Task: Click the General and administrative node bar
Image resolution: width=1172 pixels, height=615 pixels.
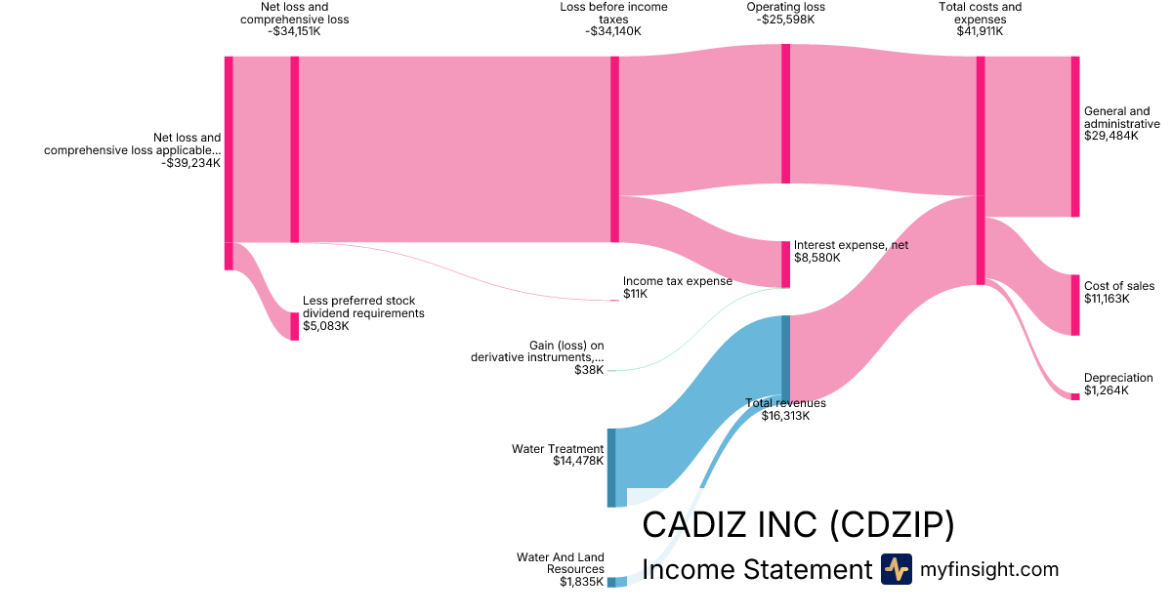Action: (x=1075, y=137)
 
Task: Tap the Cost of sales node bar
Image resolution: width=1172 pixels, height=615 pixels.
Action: (x=1075, y=306)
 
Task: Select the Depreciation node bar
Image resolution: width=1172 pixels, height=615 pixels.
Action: (x=1075, y=395)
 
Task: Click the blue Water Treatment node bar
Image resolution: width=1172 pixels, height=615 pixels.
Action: (x=611, y=467)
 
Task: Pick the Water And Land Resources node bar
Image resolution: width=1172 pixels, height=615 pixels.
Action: (x=611, y=582)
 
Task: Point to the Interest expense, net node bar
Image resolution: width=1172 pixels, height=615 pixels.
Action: (x=785, y=264)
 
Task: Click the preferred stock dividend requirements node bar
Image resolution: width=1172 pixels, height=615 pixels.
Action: (x=294, y=326)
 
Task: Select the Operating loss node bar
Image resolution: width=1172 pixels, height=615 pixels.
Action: (x=785, y=113)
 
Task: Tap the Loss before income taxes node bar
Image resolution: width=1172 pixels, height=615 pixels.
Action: (x=614, y=148)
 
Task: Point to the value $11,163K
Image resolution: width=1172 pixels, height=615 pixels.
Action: (x=1107, y=299)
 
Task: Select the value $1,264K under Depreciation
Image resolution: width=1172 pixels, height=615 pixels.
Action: (x=1106, y=390)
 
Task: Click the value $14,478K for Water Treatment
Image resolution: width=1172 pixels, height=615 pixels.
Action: (x=578, y=461)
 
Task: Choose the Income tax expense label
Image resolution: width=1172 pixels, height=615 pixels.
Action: (x=677, y=281)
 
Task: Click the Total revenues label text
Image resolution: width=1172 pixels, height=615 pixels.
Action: (x=785, y=403)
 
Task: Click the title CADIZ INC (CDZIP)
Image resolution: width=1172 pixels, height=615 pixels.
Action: (x=798, y=525)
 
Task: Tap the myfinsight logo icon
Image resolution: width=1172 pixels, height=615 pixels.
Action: (x=896, y=569)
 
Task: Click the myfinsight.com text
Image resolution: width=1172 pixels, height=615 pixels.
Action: (x=989, y=569)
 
